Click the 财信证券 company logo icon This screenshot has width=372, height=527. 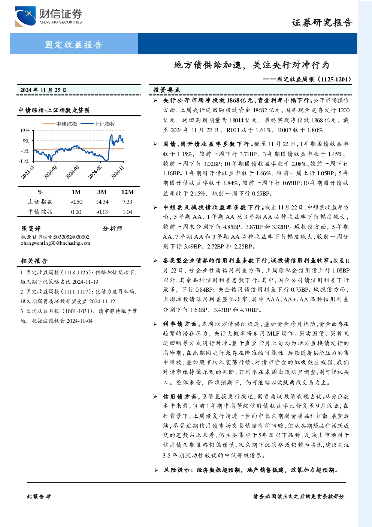[25, 17]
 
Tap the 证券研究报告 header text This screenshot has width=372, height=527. [322, 23]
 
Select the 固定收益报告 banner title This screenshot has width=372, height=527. [73, 44]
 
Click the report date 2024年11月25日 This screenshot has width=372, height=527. [43, 90]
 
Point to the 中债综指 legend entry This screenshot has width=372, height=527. [60, 124]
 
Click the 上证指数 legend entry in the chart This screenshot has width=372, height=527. [98, 124]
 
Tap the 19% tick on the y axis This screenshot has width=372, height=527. [25, 130]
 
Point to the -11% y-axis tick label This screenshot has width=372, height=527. [24, 161]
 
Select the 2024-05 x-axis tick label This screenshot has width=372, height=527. [72, 172]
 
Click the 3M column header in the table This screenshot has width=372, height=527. [102, 192]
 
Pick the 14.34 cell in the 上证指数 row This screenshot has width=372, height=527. [102, 202]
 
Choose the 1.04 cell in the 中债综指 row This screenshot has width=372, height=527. [127, 212]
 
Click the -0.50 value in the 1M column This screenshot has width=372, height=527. [76, 202]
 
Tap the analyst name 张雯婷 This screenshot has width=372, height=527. [31, 229]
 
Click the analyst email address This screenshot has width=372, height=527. [56, 243]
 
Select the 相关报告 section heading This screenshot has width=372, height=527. [34, 260]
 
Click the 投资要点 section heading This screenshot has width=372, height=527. [166, 90]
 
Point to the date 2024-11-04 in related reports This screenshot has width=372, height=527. [80, 321]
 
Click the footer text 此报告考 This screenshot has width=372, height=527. [39, 497]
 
